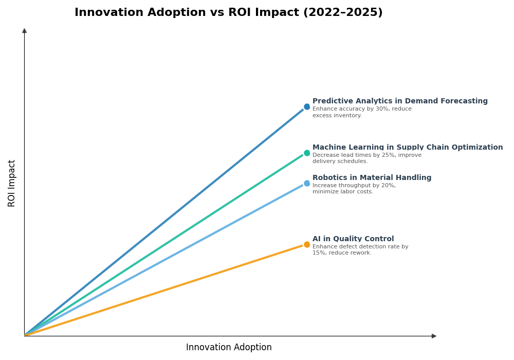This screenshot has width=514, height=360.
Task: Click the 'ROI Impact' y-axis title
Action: [12, 183]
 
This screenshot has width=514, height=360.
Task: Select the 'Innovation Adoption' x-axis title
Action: [229, 348]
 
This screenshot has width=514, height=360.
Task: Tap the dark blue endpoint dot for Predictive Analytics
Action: [307, 107]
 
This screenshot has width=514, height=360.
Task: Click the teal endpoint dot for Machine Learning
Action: [307, 153]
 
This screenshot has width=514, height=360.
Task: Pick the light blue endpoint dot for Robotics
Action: [307, 184]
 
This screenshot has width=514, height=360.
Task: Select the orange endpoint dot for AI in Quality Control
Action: [307, 245]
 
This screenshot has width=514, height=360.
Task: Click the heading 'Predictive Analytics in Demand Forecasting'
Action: [400, 101]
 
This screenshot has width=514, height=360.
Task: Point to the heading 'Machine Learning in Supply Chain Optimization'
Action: [408, 148]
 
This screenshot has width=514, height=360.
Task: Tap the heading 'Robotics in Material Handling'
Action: [372, 178]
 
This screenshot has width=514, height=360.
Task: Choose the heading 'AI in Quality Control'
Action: [353, 239]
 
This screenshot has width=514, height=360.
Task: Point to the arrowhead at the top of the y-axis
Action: [24, 31]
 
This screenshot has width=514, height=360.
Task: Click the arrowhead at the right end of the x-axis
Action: [434, 336]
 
